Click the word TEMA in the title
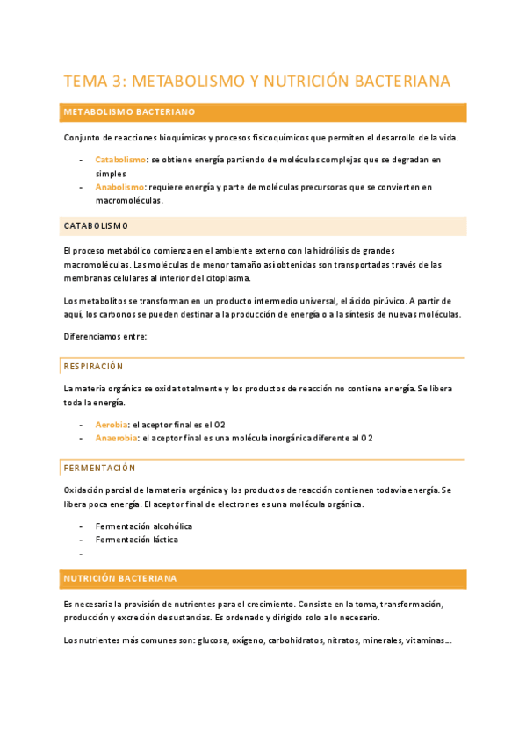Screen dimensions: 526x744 [85, 82]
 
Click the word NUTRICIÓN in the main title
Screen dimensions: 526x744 [303, 82]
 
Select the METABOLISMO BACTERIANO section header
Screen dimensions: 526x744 [129, 112]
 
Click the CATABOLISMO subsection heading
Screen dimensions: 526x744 [97, 226]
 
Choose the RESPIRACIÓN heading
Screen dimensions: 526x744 [94, 366]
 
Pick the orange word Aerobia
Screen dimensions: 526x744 [112, 424]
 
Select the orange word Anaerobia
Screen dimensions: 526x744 [117, 438]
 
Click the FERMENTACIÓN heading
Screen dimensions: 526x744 [99, 469]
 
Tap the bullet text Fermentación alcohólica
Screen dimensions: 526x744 [144, 526]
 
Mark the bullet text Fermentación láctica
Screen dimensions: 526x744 [137, 540]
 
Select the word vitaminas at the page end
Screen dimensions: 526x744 [426, 640]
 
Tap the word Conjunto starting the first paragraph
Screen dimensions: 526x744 [82, 138]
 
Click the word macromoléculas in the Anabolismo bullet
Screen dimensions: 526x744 [129, 200]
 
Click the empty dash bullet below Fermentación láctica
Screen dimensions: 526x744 [81, 554]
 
